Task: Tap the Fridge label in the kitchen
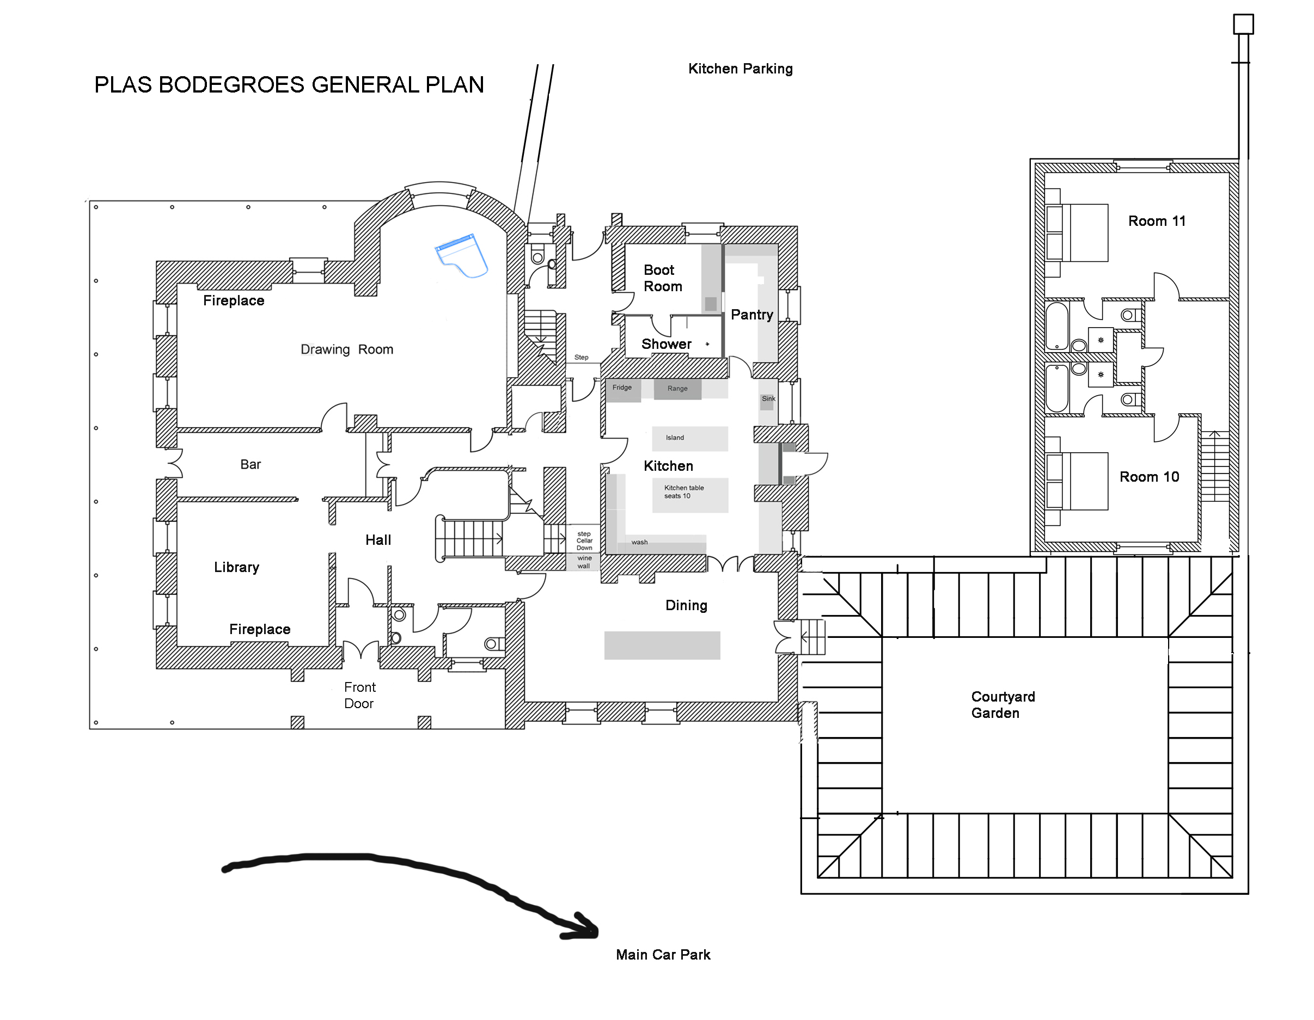tap(622, 388)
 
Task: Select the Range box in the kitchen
tap(677, 389)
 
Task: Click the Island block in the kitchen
tap(690, 439)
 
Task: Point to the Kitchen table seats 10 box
tap(690, 495)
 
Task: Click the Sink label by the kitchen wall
tap(768, 399)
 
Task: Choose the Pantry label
tap(751, 315)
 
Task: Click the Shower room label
tap(666, 344)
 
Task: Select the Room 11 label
tap(1157, 221)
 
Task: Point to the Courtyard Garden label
tap(1003, 705)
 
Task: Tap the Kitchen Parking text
tap(740, 69)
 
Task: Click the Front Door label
tap(360, 695)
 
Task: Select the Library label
tap(236, 567)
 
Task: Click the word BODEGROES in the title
tap(232, 85)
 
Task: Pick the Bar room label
tap(250, 464)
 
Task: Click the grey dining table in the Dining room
tap(662, 646)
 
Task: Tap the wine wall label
tap(584, 562)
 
